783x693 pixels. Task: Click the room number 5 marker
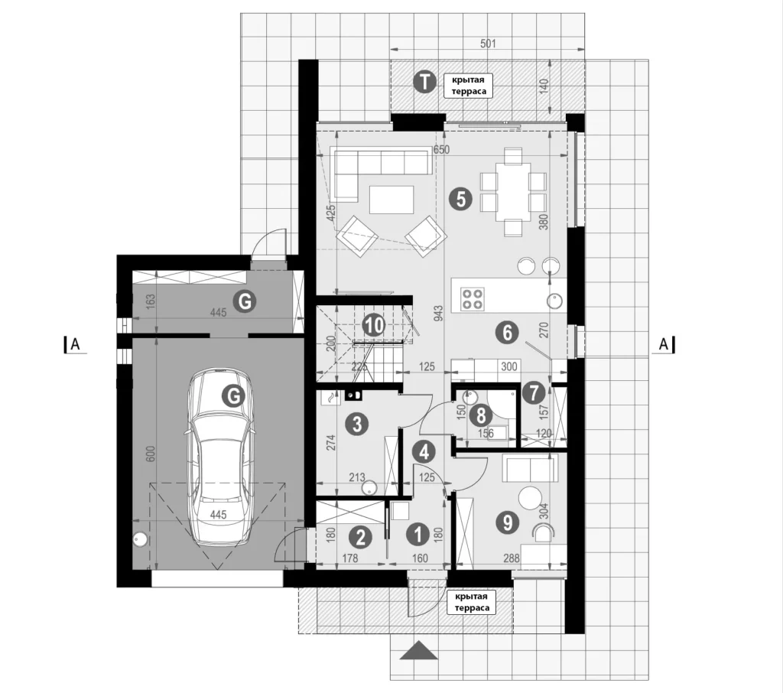coord(460,198)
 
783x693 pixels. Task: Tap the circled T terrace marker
coord(425,82)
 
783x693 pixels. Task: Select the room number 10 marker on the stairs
coord(374,326)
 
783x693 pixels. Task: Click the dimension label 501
coord(488,44)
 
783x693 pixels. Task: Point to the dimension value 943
coord(438,313)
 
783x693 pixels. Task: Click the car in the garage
coord(220,456)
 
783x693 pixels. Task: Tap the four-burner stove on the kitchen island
coord(473,299)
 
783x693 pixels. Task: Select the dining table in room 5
coord(513,191)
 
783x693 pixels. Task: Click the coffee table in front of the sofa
coord(391,200)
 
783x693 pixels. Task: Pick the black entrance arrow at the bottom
coord(416,650)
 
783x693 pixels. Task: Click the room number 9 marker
coord(508,522)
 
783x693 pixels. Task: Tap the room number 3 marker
coord(356,425)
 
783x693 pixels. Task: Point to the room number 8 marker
coord(482,415)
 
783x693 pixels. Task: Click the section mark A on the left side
coord(74,344)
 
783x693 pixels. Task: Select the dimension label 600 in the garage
coord(151,453)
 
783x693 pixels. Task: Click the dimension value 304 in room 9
coord(544,510)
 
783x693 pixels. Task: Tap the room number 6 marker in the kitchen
coord(508,332)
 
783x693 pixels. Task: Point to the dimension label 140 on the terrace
coord(544,86)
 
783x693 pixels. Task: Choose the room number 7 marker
coord(534,392)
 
